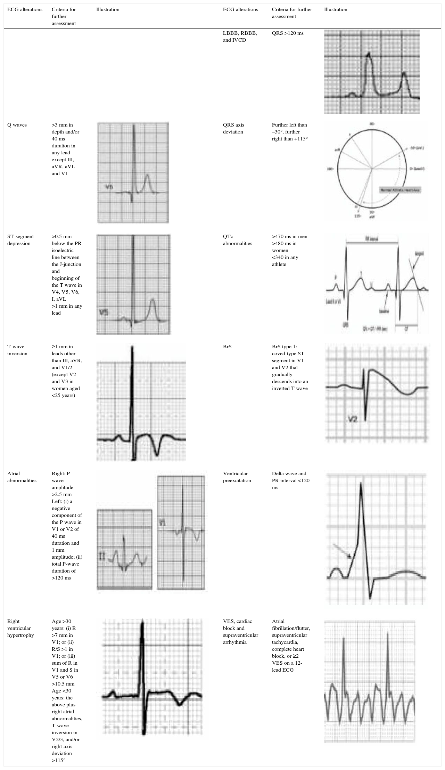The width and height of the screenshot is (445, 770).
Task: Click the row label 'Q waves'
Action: click(x=17, y=125)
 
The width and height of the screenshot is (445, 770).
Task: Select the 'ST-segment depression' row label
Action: click(x=20, y=240)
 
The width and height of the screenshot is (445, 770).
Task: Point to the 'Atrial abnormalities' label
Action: click(x=22, y=477)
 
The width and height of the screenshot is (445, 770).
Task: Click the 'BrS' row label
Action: click(x=227, y=347)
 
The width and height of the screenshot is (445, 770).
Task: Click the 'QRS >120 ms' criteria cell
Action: click(x=288, y=33)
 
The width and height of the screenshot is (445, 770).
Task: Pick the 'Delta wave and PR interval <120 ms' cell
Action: click(x=290, y=480)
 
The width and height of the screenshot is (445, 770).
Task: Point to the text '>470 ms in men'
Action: click(x=289, y=236)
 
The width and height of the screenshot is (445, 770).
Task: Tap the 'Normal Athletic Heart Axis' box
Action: click(x=400, y=190)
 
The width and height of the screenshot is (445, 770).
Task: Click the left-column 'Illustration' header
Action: click(x=108, y=10)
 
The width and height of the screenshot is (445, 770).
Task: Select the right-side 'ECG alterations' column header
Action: click(x=240, y=10)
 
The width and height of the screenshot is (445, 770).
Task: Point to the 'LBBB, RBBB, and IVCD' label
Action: click(x=240, y=37)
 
